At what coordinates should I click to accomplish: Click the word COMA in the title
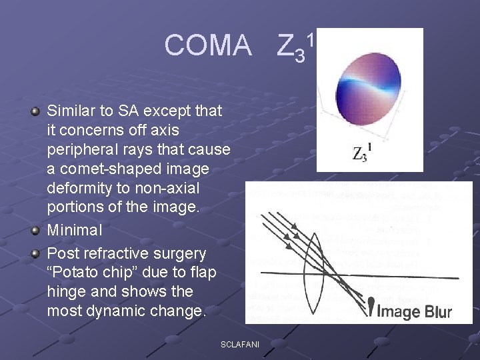pos(208,46)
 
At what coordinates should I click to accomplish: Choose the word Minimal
pos(75,230)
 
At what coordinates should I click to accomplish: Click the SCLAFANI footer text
pos(239,343)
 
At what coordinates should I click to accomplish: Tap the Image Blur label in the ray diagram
pos(415,311)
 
